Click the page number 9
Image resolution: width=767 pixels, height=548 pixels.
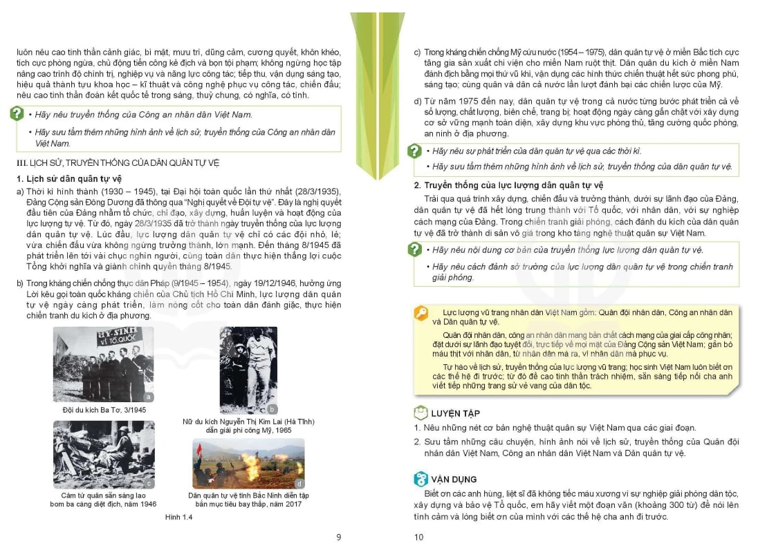coord(338,537)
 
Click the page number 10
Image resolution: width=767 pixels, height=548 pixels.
coord(418,537)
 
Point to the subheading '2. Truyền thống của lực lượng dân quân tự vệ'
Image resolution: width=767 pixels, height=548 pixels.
coord(508,185)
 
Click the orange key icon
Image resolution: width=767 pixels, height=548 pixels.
coord(421,314)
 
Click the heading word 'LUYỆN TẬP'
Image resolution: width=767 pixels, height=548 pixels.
coord(455,413)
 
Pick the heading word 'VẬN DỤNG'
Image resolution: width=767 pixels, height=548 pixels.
coord(454,479)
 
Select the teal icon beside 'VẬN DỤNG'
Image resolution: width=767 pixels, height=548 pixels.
coord(421,479)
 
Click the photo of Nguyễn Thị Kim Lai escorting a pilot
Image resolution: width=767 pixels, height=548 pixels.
coord(248,370)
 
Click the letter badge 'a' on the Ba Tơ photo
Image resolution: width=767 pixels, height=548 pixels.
coord(148,397)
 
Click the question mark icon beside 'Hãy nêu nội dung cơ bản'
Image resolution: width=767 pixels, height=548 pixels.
coord(415,249)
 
